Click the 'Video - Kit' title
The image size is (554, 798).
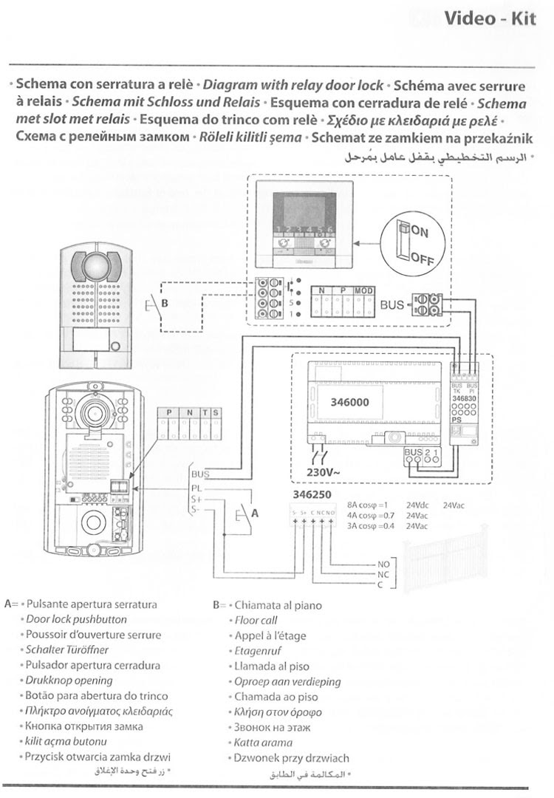point(490,19)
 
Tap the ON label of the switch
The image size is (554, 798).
point(419,232)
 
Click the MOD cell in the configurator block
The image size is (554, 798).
point(363,292)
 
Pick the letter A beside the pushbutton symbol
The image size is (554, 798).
point(256,511)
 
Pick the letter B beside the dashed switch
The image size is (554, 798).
point(165,303)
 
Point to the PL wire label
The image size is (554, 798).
point(196,488)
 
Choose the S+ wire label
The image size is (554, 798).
point(196,499)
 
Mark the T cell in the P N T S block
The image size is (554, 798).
point(205,412)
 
